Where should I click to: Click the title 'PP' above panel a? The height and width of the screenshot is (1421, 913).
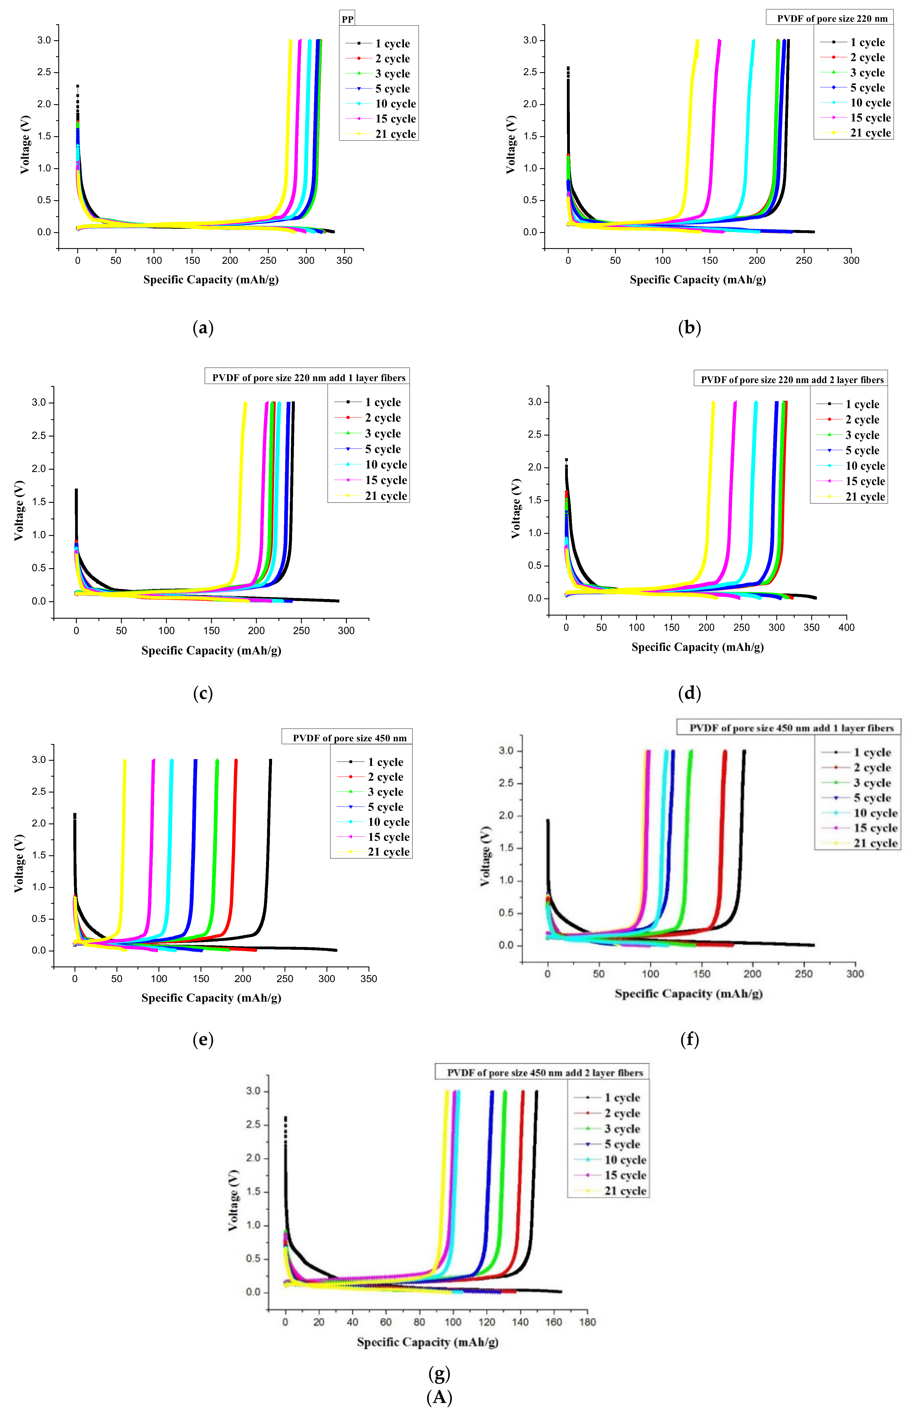point(347,19)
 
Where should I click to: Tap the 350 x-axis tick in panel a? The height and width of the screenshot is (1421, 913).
point(344,261)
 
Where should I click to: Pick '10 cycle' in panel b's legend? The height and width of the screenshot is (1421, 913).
point(870,103)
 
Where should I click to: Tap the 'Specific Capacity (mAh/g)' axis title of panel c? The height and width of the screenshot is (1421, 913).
point(211,650)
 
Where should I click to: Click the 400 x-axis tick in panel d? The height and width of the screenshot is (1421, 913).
point(846,627)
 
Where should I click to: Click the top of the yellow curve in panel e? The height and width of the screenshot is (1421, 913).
point(124,760)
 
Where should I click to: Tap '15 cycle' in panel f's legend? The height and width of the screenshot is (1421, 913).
point(874,828)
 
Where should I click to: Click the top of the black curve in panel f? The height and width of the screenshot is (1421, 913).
point(744,751)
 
